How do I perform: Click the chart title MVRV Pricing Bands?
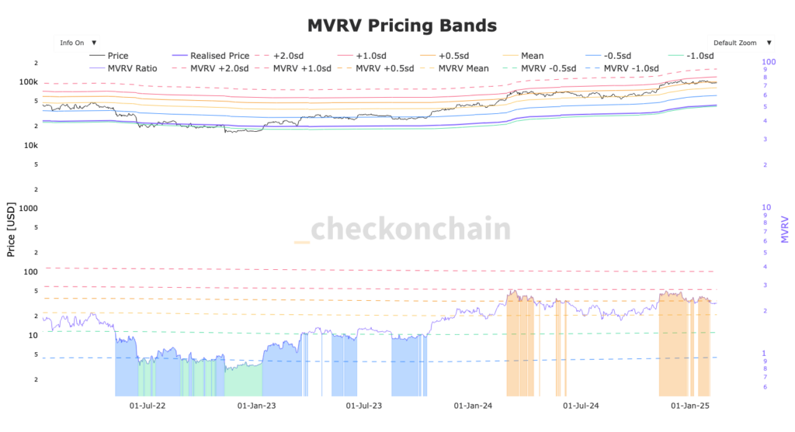click(x=401, y=26)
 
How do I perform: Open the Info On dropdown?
click(x=77, y=43)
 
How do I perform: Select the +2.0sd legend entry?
click(x=291, y=56)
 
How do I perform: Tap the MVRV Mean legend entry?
click(x=463, y=68)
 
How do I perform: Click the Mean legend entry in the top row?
click(x=533, y=56)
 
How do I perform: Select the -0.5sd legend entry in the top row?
click(x=619, y=56)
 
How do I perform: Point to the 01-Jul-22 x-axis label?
click(x=145, y=406)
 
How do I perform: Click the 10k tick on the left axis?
click(x=30, y=146)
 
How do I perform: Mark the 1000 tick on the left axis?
click(x=29, y=209)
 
